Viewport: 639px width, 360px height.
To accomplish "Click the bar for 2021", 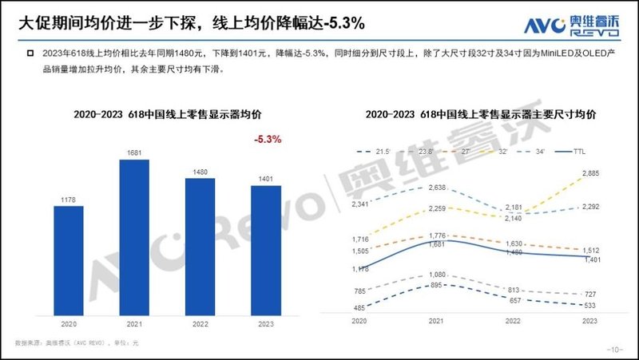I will coord(134,236).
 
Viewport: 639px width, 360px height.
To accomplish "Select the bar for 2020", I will coord(69,259).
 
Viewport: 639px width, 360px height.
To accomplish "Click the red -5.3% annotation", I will coord(267,139).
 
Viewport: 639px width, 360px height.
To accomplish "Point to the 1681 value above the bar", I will coord(134,152).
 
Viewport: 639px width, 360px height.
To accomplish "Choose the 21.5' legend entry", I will coord(379,150).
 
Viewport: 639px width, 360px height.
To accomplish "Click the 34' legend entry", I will coord(535,150).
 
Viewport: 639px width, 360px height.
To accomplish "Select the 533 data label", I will coord(589,305).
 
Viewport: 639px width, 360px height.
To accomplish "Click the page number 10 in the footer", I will coord(614,350).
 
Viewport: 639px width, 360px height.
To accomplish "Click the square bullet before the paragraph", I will coord(30,53).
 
